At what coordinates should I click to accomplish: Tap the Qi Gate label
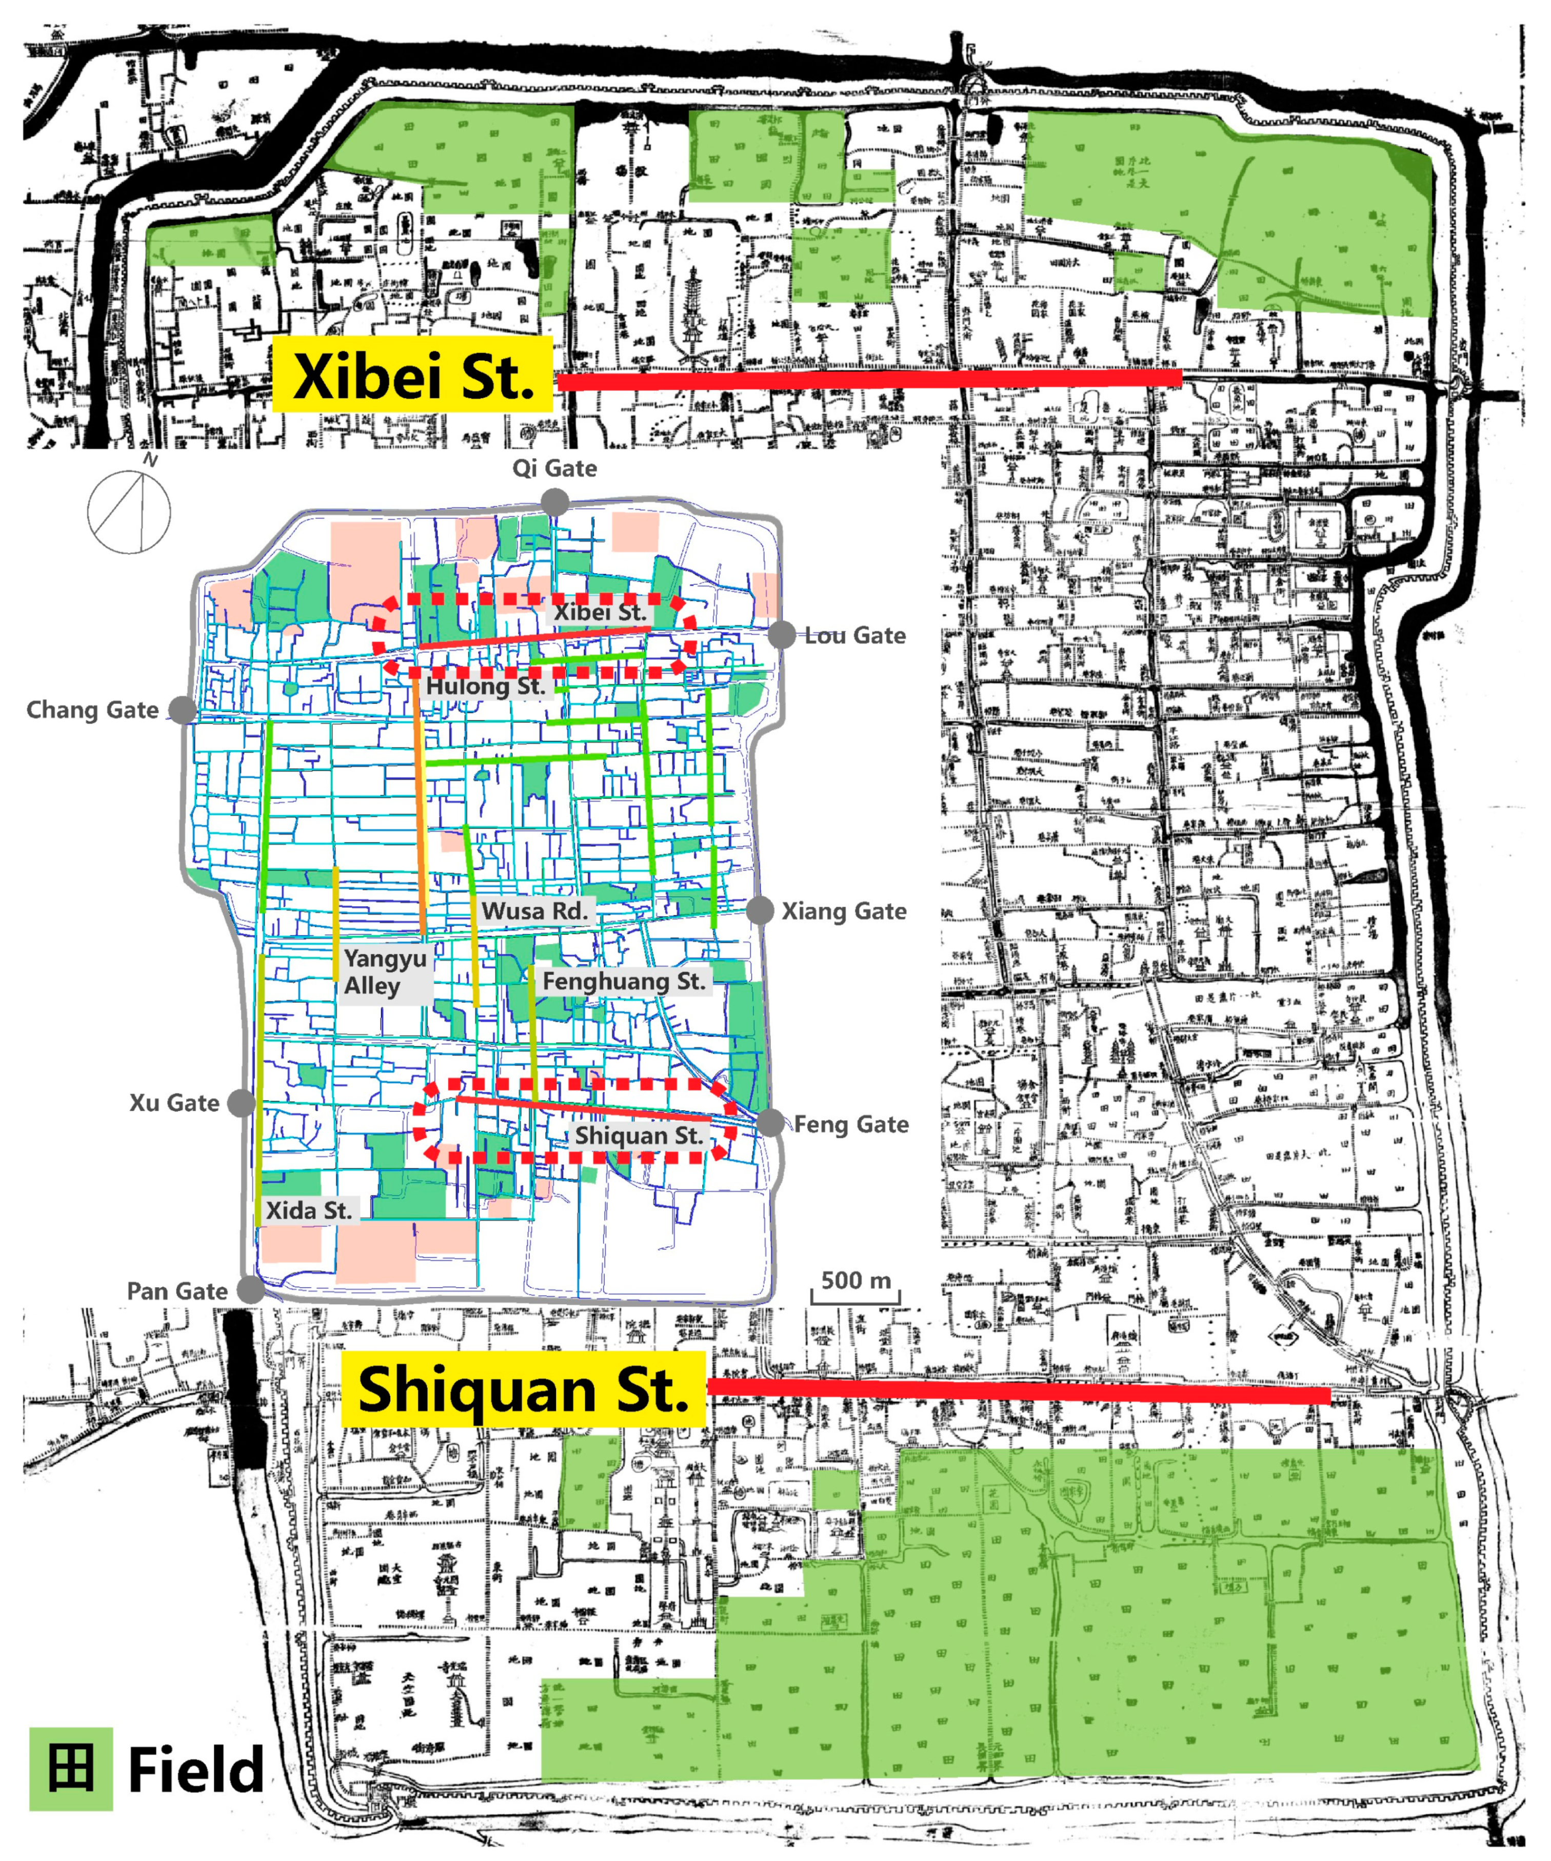pos(554,468)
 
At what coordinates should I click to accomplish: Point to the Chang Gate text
pos(92,710)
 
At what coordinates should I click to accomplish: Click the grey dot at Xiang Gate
pos(760,910)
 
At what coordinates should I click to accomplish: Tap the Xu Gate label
pos(174,1103)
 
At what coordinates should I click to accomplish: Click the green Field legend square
pos(71,1769)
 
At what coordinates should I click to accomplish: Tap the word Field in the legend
pos(196,1770)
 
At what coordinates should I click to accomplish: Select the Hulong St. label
pos(485,686)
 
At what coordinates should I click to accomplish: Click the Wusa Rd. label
pos(534,911)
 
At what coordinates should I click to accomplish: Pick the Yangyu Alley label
pos(385,972)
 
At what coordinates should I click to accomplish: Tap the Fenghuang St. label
pos(624,981)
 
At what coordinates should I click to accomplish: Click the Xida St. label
pos(308,1210)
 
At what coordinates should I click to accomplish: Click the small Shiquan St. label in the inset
pos(639,1136)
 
